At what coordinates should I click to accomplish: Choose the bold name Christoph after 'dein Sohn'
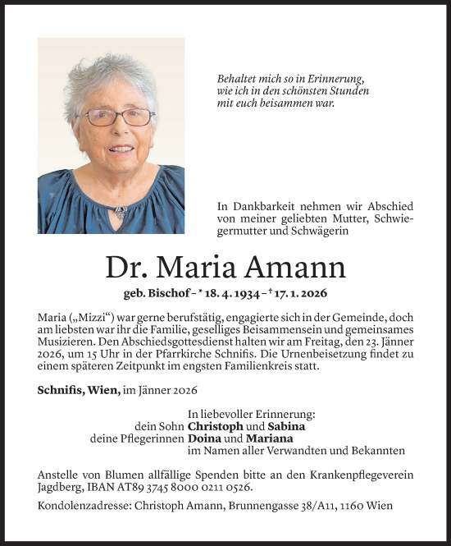tap(216, 426)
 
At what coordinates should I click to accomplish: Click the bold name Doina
tap(204, 438)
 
